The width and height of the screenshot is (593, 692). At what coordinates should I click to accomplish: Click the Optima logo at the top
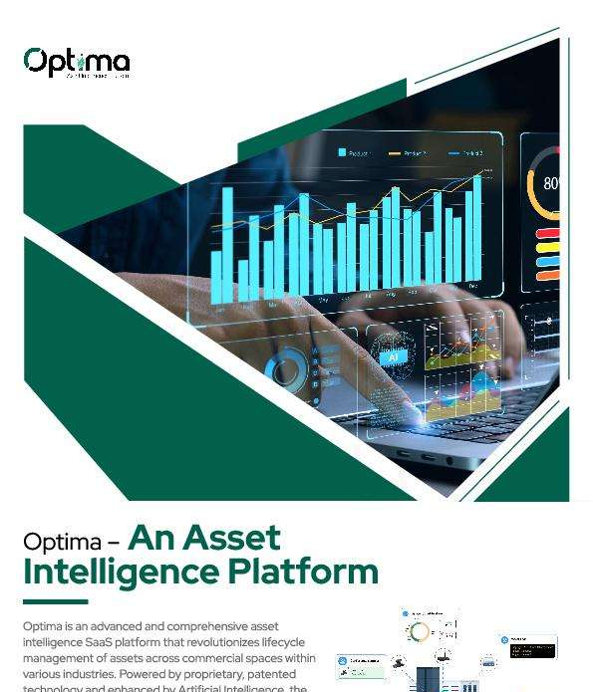[x=77, y=63]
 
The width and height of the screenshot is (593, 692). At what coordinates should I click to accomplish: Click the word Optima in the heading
[x=62, y=543]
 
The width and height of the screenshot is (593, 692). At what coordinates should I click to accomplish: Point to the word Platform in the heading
[x=303, y=573]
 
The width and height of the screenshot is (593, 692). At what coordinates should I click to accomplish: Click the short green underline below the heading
[x=55, y=601]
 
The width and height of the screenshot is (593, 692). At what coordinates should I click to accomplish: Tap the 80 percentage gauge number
[x=551, y=184]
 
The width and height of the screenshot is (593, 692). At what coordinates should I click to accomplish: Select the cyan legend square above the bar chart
[x=342, y=152]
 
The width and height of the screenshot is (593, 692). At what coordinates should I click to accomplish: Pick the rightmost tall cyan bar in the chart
[x=477, y=230]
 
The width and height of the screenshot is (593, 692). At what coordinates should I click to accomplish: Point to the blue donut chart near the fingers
[x=286, y=370]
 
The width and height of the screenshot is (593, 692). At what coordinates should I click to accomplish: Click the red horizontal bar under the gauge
[x=548, y=234]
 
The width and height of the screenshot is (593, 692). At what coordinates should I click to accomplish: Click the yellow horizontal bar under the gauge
[x=548, y=263]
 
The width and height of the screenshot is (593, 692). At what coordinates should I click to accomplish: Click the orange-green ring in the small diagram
[x=421, y=631]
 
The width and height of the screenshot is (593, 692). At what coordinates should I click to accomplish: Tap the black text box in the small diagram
[x=533, y=650]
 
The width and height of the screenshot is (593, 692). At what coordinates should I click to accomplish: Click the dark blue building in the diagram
[x=428, y=680]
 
